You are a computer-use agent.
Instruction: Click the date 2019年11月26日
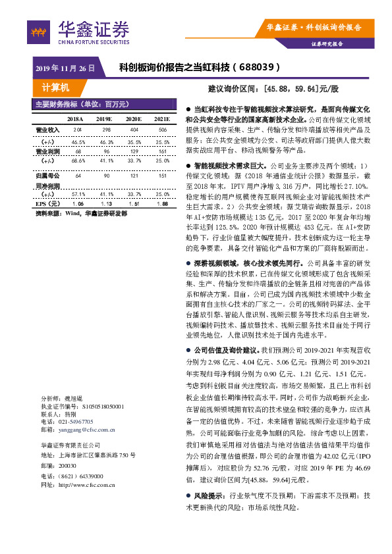pyautogui.click(x=65, y=67)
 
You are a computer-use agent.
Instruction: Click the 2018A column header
pyautogui.click(x=78, y=118)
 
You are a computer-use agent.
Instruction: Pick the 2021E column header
pyautogui.click(x=161, y=118)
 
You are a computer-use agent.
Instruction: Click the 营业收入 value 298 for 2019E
pyautogui.click(x=105, y=130)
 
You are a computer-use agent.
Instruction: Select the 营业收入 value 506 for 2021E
pyautogui.click(x=162, y=130)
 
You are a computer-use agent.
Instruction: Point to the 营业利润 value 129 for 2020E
pyautogui.click(x=134, y=151)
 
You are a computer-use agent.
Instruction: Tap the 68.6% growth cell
pyautogui.click(x=78, y=160)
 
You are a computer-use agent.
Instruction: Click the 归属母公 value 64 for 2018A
pyautogui.click(x=78, y=176)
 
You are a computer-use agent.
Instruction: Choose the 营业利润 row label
pyautogui.click(x=47, y=151)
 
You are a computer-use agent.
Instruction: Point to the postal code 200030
pyautogui.click(x=67, y=465)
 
